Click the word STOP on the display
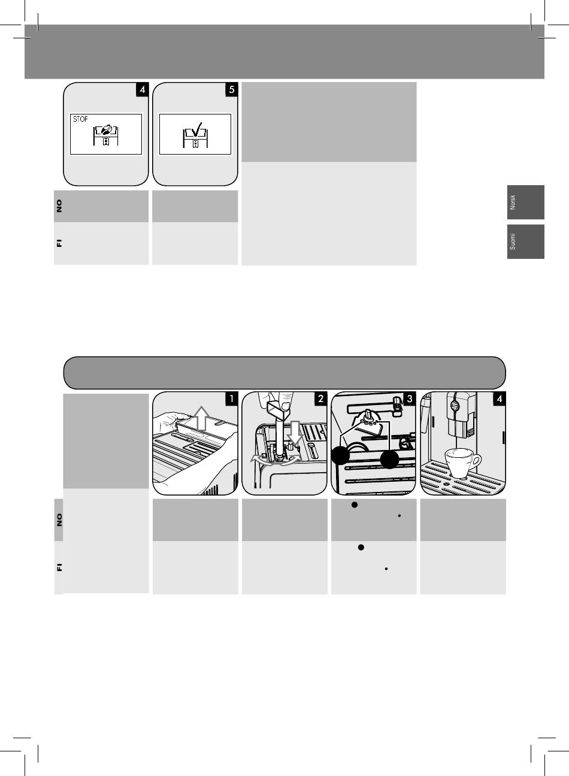[80, 119]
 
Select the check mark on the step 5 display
[196, 129]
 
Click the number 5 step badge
[232, 89]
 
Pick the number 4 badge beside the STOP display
[143, 89]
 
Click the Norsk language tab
[526, 202]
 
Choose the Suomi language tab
[526, 241]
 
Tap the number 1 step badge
[232, 398]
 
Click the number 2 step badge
[320, 398]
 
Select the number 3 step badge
[410, 398]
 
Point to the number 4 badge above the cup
[500, 398]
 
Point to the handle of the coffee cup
[477, 460]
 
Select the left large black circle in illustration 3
[341, 455]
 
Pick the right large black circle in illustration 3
[389, 460]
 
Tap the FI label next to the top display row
[59, 243]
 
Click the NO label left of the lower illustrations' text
[59, 520]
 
